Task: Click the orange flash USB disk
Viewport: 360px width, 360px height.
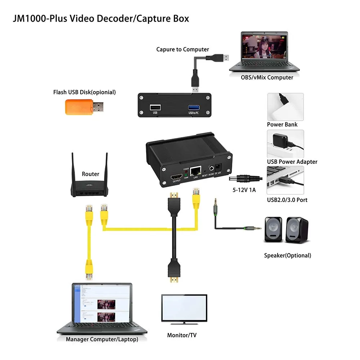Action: (84, 107)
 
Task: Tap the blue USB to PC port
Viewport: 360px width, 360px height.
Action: (193, 107)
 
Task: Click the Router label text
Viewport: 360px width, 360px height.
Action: (90, 174)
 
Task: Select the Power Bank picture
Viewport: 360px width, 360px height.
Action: (285, 107)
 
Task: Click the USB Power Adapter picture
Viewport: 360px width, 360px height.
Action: (285, 144)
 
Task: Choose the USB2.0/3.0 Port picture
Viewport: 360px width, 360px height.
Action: (285, 180)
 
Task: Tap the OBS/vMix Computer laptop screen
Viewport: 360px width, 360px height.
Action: (264, 47)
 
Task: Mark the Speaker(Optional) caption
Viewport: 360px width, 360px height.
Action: (287, 255)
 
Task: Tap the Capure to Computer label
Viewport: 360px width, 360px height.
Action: (183, 49)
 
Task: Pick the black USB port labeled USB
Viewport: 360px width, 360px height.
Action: (155, 107)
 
